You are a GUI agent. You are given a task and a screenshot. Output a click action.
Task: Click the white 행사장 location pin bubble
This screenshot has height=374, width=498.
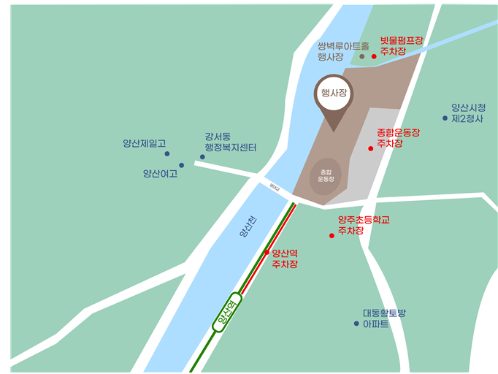tap(332, 93)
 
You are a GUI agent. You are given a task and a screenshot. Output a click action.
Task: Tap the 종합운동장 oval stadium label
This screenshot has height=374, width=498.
tap(326, 175)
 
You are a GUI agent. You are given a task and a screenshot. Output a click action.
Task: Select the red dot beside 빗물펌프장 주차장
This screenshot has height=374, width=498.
tap(374, 56)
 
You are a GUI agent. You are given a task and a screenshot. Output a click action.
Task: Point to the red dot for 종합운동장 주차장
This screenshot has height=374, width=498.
tap(370, 148)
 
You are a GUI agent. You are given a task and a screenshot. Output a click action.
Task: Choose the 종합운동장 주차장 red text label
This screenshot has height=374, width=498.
tap(399, 138)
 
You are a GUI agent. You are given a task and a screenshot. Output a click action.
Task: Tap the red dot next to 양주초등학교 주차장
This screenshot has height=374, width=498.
tap(332, 235)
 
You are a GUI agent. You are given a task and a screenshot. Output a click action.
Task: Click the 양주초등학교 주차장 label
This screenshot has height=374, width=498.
tap(363, 225)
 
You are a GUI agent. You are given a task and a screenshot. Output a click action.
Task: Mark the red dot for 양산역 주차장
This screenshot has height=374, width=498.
tap(267, 252)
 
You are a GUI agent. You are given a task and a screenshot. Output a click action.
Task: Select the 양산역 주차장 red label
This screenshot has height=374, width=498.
tap(285, 259)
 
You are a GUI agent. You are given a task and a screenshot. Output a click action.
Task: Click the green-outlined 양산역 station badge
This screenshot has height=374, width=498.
tap(227, 313)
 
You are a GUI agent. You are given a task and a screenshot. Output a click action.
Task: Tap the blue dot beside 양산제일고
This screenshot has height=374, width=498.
tap(167, 153)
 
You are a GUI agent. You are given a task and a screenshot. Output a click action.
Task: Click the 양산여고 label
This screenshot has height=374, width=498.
tap(160, 174)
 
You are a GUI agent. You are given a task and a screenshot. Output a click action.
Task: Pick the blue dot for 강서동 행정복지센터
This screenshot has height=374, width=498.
tap(202, 156)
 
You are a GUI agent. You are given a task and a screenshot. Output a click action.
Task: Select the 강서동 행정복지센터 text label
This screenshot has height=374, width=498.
tap(229, 142)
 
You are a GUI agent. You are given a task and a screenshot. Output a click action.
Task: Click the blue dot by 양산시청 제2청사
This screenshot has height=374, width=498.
tap(445, 118)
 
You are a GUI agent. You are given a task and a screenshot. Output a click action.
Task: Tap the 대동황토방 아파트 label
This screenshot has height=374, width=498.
tap(384, 318)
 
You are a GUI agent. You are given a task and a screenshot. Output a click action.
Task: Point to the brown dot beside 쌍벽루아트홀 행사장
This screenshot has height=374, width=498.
tap(361, 56)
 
